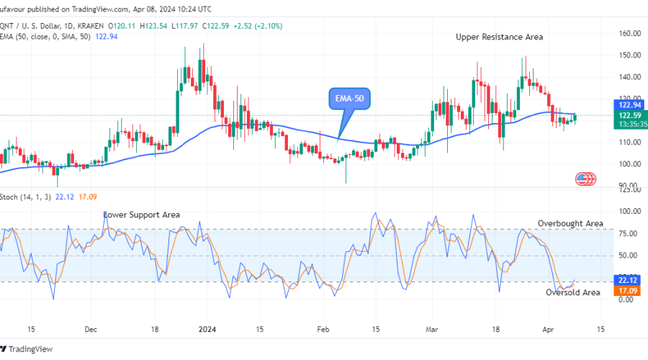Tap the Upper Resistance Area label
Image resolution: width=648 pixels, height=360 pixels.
(x=499, y=37)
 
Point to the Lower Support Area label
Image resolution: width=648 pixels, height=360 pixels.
(x=142, y=215)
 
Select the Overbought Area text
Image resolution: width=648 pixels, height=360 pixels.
(x=570, y=223)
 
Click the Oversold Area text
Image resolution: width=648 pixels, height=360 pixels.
(x=572, y=292)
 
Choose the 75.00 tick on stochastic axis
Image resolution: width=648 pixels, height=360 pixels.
(x=629, y=233)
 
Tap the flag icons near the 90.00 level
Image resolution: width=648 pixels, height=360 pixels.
(x=586, y=179)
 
